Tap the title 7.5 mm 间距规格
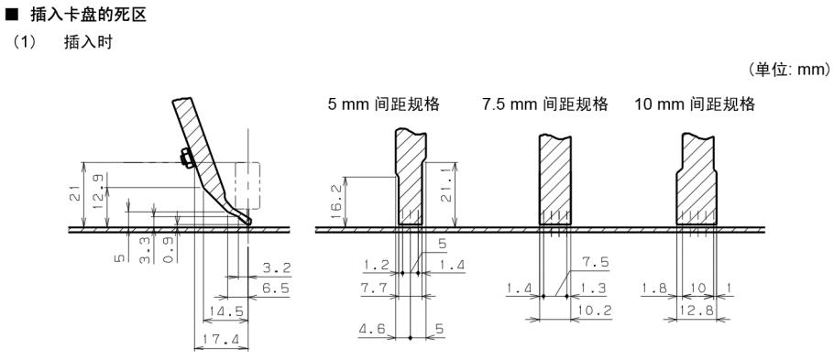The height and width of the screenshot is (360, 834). pyautogui.click(x=546, y=104)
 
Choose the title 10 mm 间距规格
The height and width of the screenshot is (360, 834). pyautogui.click(x=695, y=104)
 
